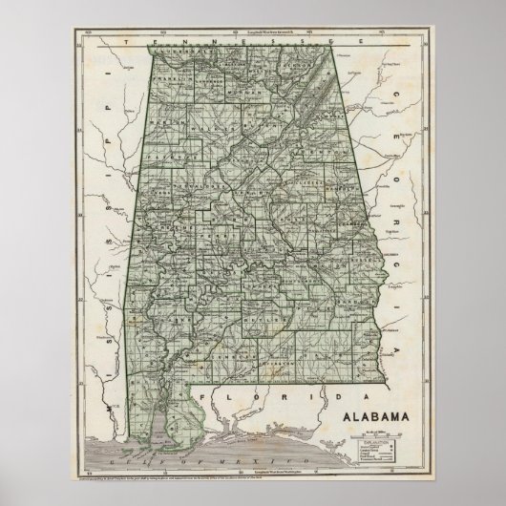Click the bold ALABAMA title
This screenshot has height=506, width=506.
click(x=366, y=415)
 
